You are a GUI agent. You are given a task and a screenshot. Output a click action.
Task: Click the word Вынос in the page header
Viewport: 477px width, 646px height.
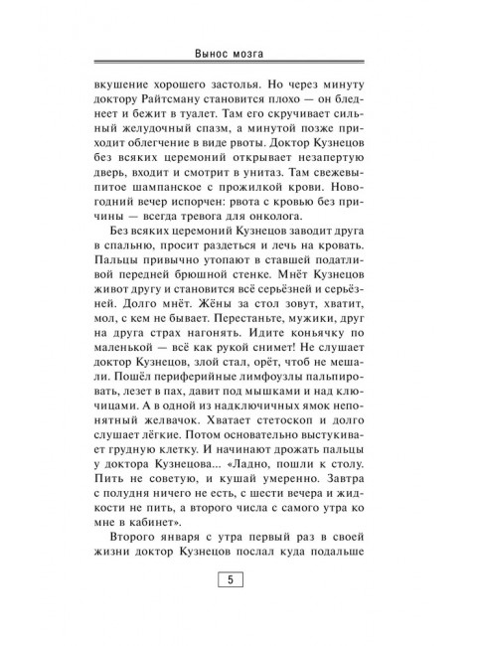coord(215,54)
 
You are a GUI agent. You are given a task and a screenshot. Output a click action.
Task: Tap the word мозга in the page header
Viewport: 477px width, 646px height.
coord(256,54)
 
